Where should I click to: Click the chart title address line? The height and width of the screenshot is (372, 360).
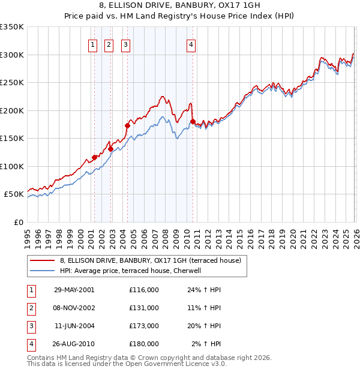pos(179,5)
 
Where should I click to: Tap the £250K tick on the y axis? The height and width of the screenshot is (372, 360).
pos(12,83)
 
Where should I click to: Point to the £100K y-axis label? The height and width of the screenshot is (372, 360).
pos(12,166)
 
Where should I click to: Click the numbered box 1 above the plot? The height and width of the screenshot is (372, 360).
pos(94,44)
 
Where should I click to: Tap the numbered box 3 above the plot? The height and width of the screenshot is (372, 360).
pos(125,44)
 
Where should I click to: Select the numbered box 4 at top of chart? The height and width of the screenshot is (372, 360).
pos(191,44)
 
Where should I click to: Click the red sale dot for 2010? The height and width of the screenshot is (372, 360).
pos(193,122)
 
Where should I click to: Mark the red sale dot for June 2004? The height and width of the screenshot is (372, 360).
pos(127,125)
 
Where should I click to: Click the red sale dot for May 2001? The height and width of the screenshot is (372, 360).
pos(94,158)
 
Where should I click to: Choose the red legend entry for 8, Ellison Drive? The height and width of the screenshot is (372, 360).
pos(150,260)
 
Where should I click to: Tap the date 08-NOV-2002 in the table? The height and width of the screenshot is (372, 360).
pos(74,308)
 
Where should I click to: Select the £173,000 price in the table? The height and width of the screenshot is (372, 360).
pos(144,326)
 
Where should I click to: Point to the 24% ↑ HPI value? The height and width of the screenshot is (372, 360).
pos(204,290)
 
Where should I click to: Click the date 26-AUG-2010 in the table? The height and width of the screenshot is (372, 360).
pos(74,344)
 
